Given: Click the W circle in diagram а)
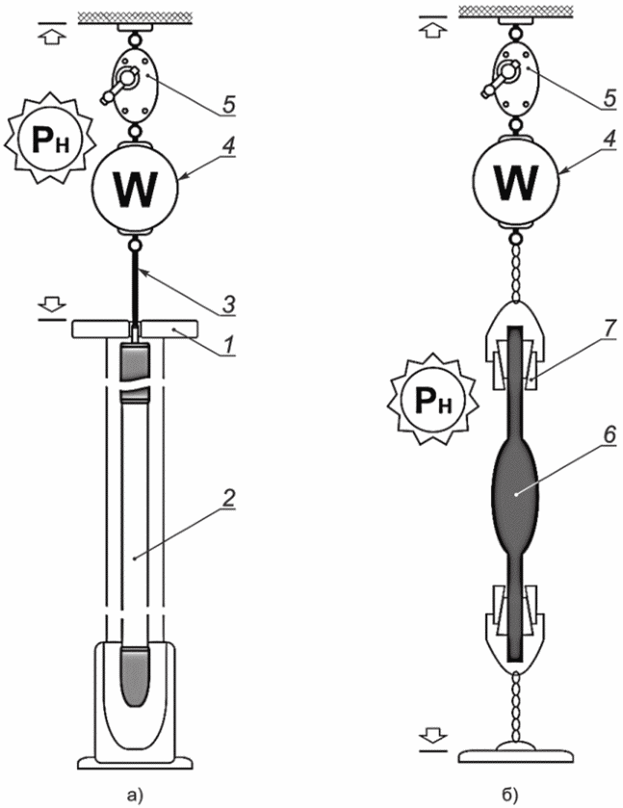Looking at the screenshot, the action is coord(135,188).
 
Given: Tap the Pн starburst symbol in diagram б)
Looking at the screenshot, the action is coord(433,401).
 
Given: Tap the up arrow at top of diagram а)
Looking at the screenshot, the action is coord(52,36).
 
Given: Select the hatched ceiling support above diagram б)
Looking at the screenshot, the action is coord(517,11).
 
